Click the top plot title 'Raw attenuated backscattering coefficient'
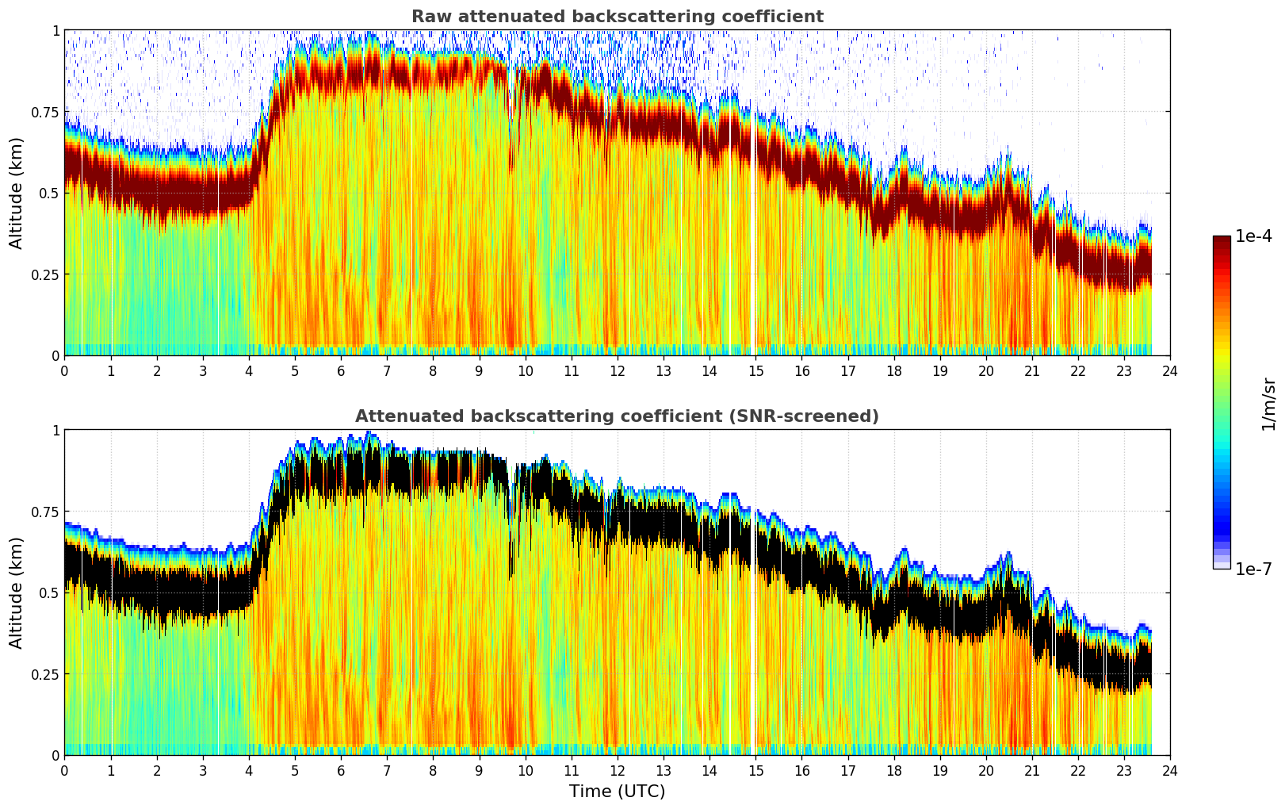click(617, 17)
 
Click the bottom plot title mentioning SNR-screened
click(617, 416)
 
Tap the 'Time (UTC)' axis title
click(617, 792)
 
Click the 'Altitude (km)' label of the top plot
click(16, 193)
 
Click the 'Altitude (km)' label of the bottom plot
click(16, 592)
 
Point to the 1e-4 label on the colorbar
click(1253, 236)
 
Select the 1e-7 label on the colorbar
click(1253, 569)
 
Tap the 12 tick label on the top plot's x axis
click(618, 370)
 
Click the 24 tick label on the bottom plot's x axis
click(1170, 770)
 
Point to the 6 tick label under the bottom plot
click(341, 770)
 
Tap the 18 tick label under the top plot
click(894, 370)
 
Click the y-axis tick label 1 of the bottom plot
click(55, 431)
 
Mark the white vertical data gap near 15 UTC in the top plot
click(752, 238)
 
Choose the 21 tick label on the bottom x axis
click(1032, 770)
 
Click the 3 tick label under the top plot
click(203, 370)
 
